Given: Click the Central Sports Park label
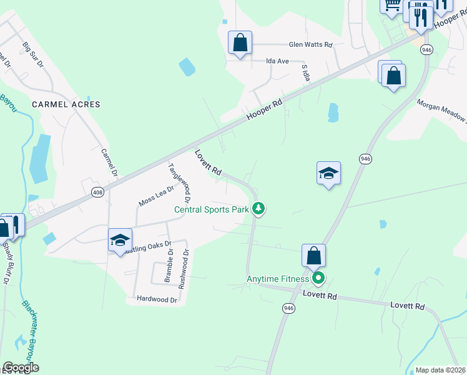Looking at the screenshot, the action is tap(211, 209).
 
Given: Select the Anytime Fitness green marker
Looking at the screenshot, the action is tap(318, 278).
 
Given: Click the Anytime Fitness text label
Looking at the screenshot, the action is tap(278, 279).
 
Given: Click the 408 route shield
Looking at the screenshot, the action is tap(97, 193).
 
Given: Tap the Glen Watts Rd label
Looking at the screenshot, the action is tap(310, 45).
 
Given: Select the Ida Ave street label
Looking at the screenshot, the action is tap(277, 61).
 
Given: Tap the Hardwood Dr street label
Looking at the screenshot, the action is tap(157, 300).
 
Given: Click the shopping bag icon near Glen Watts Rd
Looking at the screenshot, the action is tap(240, 43).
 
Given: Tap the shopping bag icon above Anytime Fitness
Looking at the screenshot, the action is tap(313, 255).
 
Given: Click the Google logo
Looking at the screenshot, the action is tap(21, 367).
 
